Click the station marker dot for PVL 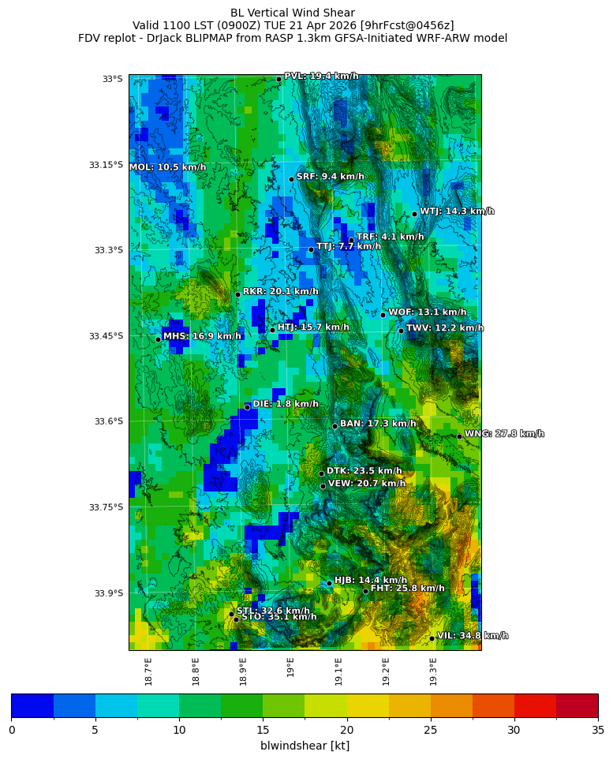[278, 79]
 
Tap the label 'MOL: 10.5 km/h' [167, 167]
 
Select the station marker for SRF [291, 179]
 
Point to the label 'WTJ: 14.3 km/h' [457, 211]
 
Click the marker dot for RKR [237, 294]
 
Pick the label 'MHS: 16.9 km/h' [202, 336]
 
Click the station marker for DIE [247, 407]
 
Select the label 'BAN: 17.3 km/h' [378, 424]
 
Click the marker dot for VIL [432, 638]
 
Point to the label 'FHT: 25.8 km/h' [407, 589]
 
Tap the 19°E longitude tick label [291, 667]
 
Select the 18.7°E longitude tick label [149, 671]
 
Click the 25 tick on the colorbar [431, 730]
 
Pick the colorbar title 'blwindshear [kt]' [305, 746]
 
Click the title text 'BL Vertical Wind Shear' [293, 13]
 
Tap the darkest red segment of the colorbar [577, 705]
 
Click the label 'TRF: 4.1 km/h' [390, 237]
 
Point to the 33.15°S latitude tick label [106, 165]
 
